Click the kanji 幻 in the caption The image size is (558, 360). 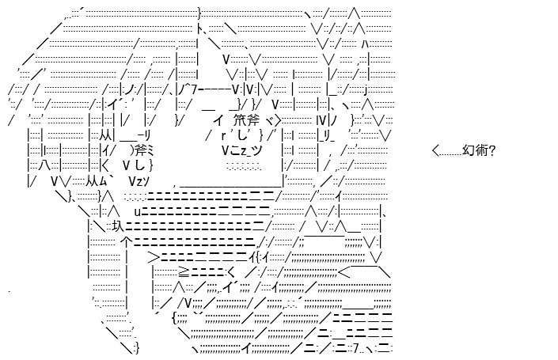tap(468, 150)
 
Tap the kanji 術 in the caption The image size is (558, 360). tap(480, 150)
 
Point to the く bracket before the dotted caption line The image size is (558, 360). tap(436, 151)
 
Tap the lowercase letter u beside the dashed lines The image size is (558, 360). tap(138, 212)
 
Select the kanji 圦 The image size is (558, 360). tap(118, 225)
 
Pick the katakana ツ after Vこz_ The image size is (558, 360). tap(256, 151)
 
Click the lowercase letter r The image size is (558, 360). tap(223, 135)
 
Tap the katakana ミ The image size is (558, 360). tap(149, 151)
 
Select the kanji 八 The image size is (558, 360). tap(45, 166)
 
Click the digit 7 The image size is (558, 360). tap(357, 349)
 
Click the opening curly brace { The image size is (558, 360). tap(174, 317)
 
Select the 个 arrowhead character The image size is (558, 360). tap(127, 242)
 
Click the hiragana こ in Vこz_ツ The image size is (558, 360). tap(237, 151)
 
